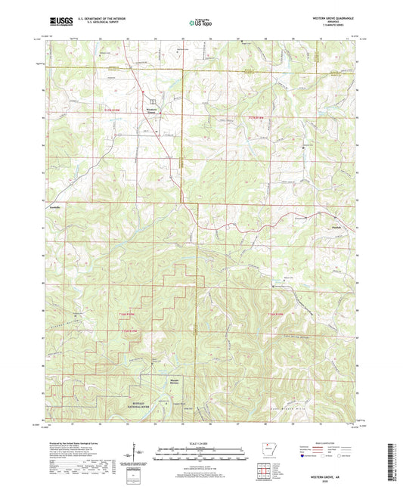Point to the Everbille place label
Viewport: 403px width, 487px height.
pyautogui.click(x=54, y=207)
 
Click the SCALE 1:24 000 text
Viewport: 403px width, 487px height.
pyautogui.click(x=200, y=442)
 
